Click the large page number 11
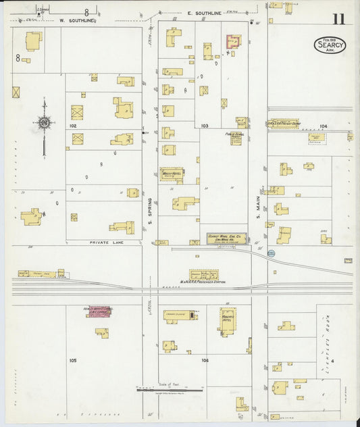pyautogui.click(x=338, y=18)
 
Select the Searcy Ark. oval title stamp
pyautogui.click(x=330, y=45)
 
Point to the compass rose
pyautogui.click(x=44, y=123)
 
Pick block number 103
pyautogui.click(x=205, y=126)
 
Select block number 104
pyautogui.click(x=324, y=126)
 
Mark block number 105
pyautogui.click(x=72, y=360)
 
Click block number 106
pyautogui.click(x=205, y=360)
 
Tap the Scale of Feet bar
pyautogui.click(x=169, y=389)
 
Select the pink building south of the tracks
pyautogui.click(x=98, y=311)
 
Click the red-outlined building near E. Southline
pyautogui.click(x=233, y=42)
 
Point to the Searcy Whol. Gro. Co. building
pyautogui.click(x=226, y=237)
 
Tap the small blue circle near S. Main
pyautogui.click(x=271, y=253)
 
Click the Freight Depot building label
pyautogui.click(x=284, y=124)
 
